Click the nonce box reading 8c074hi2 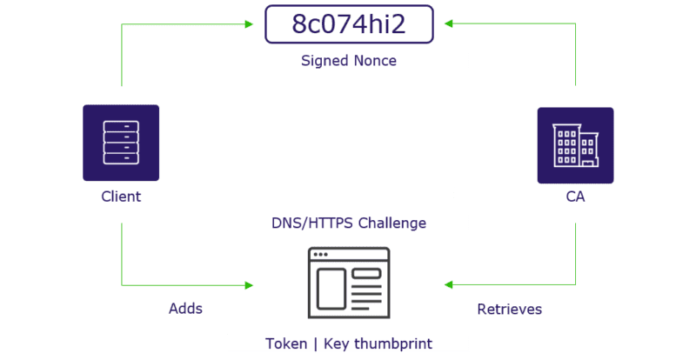(348, 24)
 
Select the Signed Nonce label (348, 61)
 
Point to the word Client (121, 197)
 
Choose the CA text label (575, 197)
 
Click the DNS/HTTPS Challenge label (348, 223)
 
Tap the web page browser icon (348, 283)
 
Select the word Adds (185, 309)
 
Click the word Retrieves (510, 309)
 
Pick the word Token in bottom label (286, 343)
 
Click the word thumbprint (392, 343)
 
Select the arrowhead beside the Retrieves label (448, 284)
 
